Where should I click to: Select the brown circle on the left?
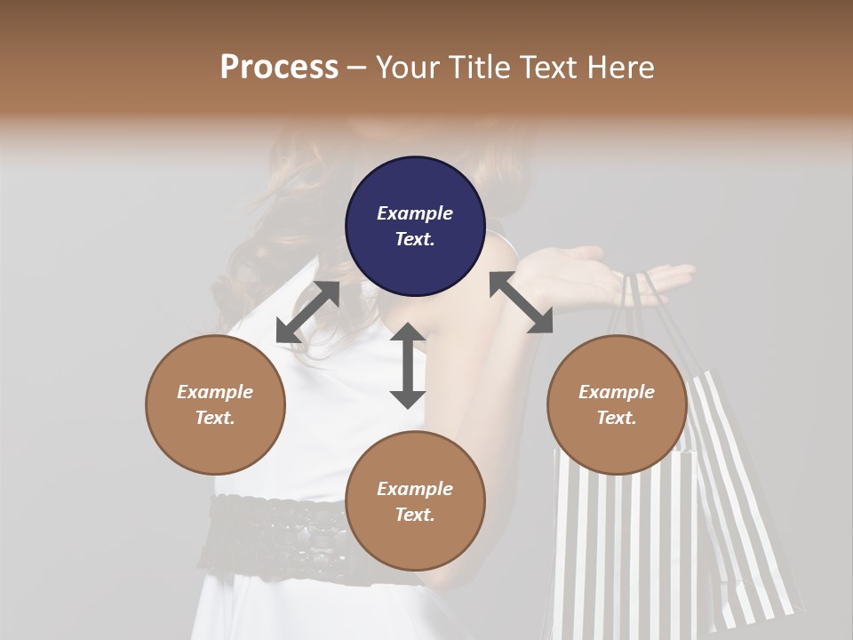click(215, 404)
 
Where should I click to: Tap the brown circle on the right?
click(617, 404)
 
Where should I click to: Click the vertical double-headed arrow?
click(408, 365)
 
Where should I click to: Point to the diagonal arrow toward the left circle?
click(307, 312)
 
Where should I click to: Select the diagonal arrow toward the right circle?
click(521, 302)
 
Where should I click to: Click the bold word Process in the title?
click(279, 67)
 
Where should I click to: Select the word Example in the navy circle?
click(415, 213)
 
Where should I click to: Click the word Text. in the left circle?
click(215, 418)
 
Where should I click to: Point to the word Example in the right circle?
click(617, 392)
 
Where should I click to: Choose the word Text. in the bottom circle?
click(415, 515)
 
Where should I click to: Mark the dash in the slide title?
click(357, 68)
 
